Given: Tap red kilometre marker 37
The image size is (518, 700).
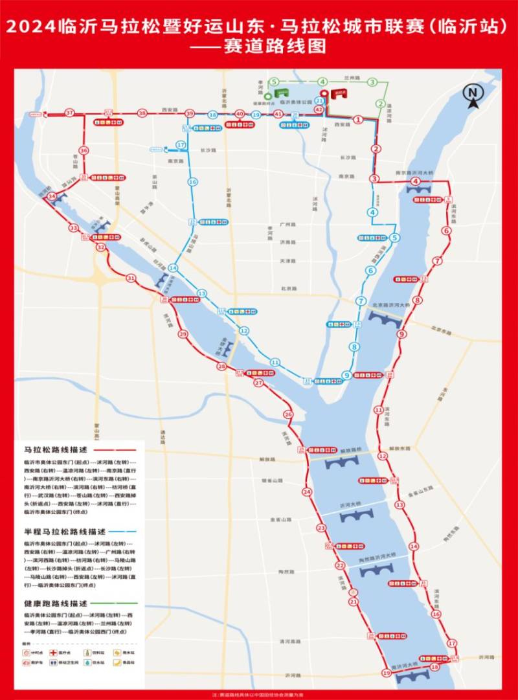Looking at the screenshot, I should (x=69, y=113).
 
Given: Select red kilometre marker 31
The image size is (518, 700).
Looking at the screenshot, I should (x=131, y=278).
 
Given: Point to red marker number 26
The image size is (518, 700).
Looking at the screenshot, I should (x=288, y=414).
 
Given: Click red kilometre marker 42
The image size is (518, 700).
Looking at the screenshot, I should (x=319, y=110).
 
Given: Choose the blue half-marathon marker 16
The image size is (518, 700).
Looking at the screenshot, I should (x=192, y=182).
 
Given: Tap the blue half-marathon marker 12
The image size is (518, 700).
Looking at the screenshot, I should (x=243, y=331).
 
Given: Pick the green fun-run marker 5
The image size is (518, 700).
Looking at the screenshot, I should (x=275, y=82).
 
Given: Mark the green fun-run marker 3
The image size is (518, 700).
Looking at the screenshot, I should (x=372, y=82).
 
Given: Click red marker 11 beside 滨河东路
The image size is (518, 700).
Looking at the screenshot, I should (x=378, y=410).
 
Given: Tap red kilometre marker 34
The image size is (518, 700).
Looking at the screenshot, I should (x=52, y=196).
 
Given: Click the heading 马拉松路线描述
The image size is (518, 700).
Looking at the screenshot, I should (x=54, y=449).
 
